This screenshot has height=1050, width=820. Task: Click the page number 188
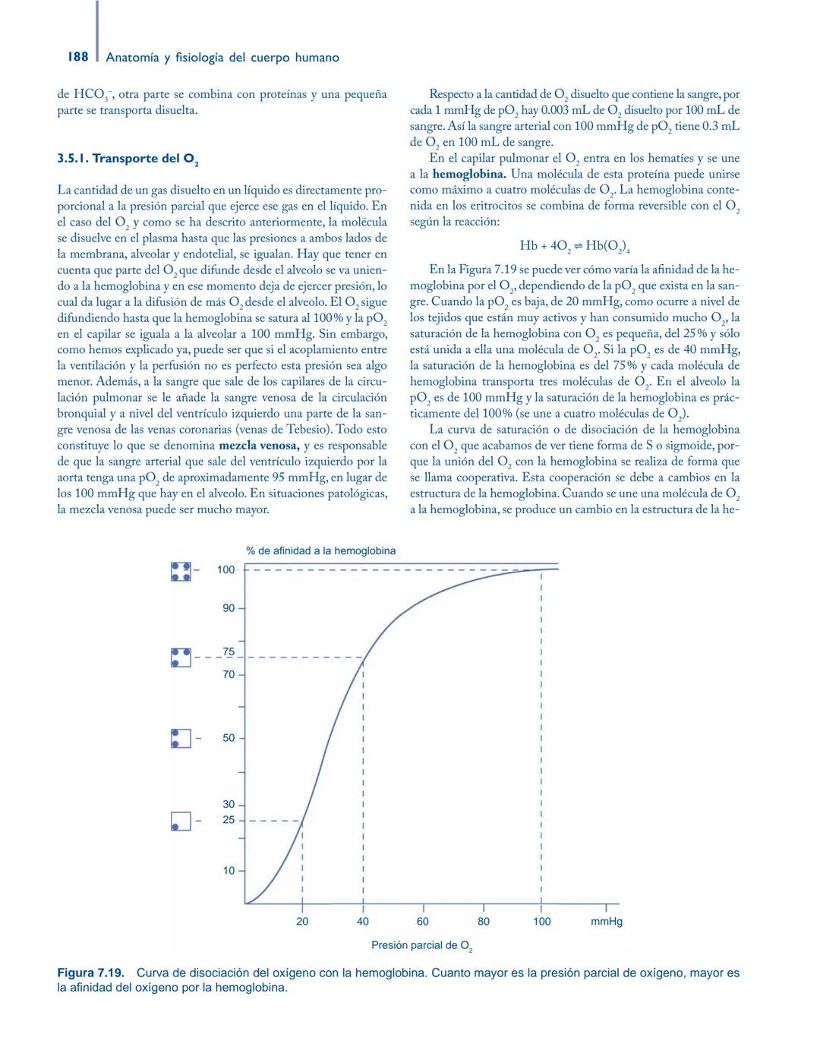coord(77,57)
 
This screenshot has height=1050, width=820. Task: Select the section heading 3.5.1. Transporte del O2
coord(128,159)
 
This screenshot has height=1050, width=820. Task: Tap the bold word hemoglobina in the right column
coord(468,174)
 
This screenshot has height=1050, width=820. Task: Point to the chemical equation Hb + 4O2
coord(575,245)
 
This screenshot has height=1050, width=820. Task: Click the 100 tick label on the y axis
coord(226,569)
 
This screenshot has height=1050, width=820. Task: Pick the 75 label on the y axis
coord(229,652)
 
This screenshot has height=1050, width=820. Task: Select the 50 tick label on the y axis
coord(229,738)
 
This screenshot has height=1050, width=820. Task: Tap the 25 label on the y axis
coord(229,820)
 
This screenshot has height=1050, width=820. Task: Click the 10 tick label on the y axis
coord(229,871)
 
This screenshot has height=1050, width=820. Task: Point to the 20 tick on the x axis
coord(302,921)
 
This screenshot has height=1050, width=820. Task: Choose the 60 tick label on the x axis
coord(423,921)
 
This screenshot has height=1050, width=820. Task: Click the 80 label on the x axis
coord(484,921)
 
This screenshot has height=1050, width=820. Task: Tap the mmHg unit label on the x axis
coord(607,921)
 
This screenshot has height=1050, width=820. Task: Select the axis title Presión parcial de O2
coord(421,946)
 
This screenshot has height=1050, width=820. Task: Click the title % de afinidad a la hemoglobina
coord(320,550)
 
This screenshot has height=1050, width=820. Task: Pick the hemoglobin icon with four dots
coord(181,571)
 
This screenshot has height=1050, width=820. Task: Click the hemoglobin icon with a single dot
coord(181,821)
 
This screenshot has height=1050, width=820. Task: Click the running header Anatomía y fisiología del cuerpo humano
coord(222,58)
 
